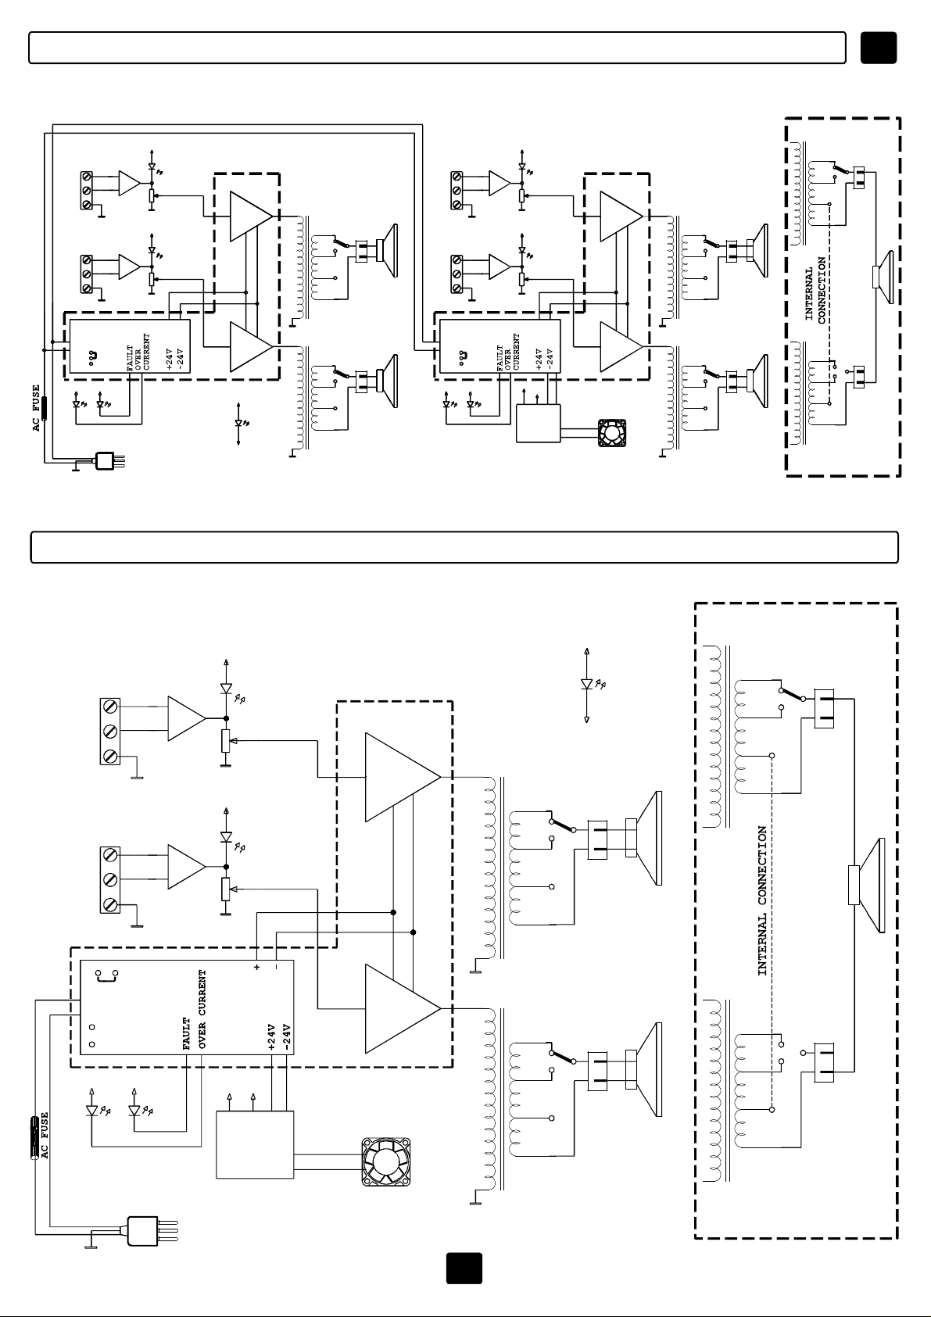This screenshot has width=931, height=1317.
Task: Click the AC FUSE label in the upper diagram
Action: pos(37,409)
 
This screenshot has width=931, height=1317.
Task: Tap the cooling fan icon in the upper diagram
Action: pos(611,433)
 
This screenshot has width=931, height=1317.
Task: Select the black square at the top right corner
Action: pos(879,48)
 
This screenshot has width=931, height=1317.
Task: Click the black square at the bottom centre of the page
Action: pos(464,1269)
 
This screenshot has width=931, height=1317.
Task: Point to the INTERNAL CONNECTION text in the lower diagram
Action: pos(762,900)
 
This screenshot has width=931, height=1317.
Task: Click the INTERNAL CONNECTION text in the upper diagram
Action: pos(815,291)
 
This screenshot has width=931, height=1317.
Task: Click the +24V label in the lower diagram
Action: pos(271,1037)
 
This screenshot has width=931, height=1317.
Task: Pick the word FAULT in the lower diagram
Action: pos(187,1034)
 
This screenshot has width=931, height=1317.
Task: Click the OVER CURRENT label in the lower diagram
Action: pos(202,1010)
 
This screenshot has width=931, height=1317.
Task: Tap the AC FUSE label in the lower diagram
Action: pos(45,1136)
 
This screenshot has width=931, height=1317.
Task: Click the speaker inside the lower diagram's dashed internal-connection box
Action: pos(867,886)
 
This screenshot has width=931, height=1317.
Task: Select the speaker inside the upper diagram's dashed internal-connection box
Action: pos(883,277)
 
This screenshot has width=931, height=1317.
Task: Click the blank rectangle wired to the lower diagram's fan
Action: pos(255,1145)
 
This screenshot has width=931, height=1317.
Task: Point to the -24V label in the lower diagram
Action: pos(287,1037)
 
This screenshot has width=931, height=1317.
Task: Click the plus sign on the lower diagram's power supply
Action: pos(256,967)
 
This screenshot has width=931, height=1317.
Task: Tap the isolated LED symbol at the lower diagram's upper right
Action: pos(588,685)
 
